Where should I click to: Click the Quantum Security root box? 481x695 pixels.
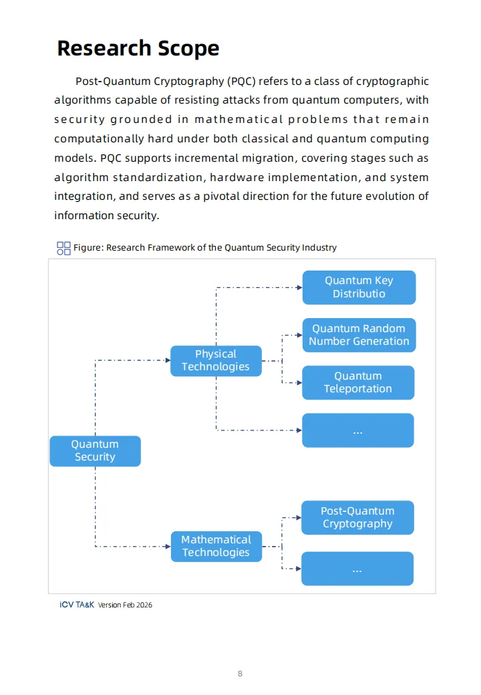pos(95,451)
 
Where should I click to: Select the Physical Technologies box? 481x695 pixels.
pos(215,360)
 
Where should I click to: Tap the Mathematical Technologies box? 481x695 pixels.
pos(215,546)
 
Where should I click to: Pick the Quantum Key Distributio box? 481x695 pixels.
pos(359,287)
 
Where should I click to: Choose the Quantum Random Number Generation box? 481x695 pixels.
pos(359,335)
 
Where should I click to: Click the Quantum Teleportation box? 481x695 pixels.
pos(358,382)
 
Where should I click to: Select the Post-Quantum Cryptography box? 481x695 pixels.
pos(357,517)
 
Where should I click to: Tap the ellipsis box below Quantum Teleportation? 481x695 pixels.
pos(357,430)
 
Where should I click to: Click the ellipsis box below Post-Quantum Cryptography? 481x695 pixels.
pos(357,569)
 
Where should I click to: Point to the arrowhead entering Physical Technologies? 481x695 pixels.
pos(167,360)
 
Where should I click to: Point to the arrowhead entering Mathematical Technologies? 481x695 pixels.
pos(167,547)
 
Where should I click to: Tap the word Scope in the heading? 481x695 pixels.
pos(188,48)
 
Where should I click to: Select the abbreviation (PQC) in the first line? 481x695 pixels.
pos(240,82)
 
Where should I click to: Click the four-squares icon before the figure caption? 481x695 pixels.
pos(63,248)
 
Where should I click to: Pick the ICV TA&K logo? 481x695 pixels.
pos(76,605)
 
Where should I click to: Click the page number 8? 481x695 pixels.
pos(240,673)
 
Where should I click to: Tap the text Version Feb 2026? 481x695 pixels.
pos(125,605)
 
